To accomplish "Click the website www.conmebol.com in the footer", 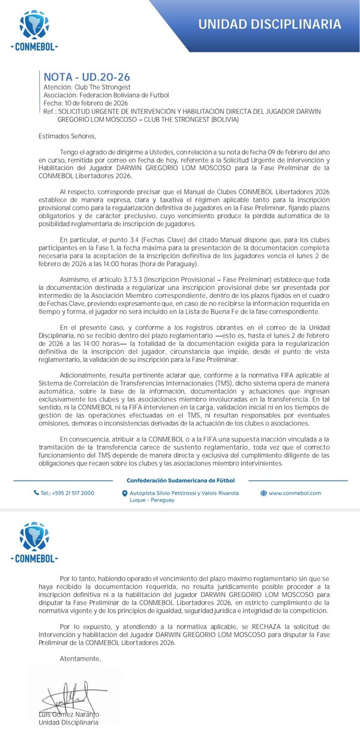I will click(295, 493).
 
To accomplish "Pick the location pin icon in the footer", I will click(125, 493).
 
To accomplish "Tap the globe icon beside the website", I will click(263, 493).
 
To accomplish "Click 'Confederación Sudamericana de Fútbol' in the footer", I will click(180, 478).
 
